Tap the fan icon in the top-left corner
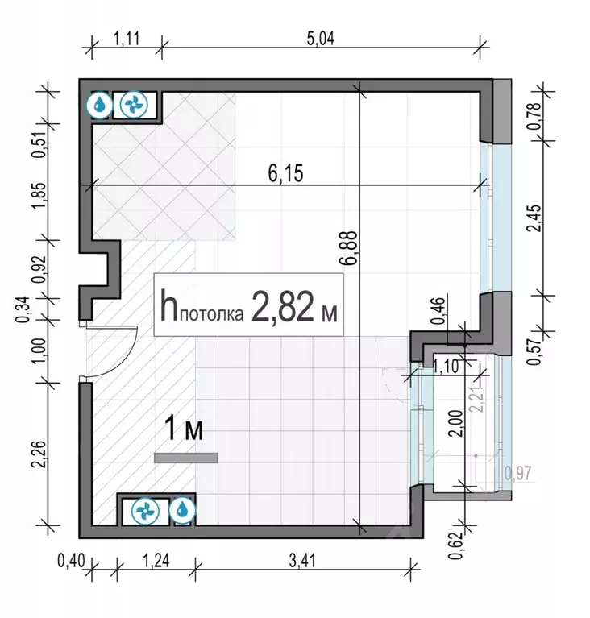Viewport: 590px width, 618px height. (x=130, y=105)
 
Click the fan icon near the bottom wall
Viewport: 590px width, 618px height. (x=146, y=509)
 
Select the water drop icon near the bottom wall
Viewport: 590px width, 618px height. (x=182, y=509)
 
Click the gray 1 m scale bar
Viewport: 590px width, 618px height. (x=186, y=458)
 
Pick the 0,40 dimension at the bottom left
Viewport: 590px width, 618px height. (x=70, y=558)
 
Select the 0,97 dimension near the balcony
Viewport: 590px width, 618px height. (x=517, y=474)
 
